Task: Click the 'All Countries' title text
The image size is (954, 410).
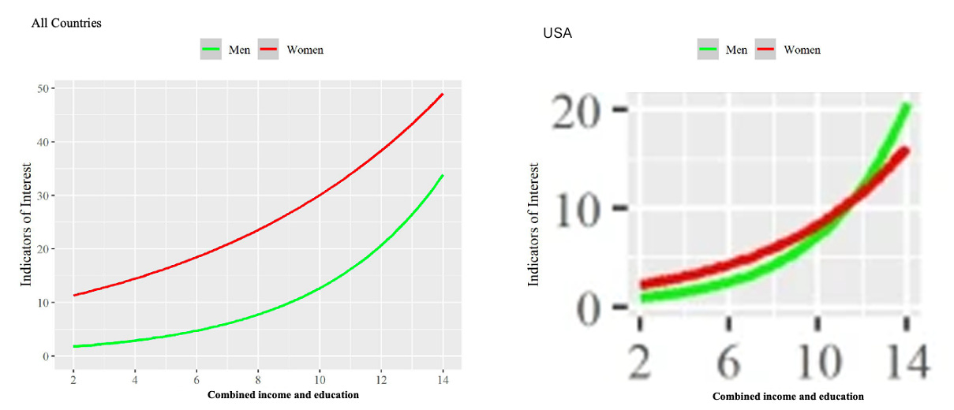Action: tap(66, 23)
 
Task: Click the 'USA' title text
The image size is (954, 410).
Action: tap(557, 34)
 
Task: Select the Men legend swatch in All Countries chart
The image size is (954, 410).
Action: tap(211, 50)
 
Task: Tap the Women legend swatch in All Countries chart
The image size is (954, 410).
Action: tap(270, 50)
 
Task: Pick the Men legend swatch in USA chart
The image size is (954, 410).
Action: tap(709, 50)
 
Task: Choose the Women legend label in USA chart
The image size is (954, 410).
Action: tap(802, 50)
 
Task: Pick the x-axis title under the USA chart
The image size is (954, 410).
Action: tap(788, 397)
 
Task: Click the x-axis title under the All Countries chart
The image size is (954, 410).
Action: tap(282, 394)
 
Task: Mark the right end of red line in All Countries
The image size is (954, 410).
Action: tap(443, 94)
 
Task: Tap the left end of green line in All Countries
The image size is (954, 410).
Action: tap(73, 346)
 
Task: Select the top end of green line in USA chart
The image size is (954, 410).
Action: tap(907, 106)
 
